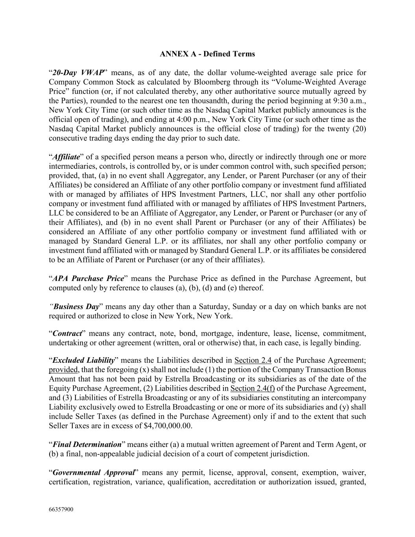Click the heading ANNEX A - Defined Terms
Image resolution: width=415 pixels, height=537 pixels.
click(x=207, y=54)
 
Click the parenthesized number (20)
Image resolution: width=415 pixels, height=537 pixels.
click(x=358, y=129)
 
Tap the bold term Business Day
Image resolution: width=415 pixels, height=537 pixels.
click(x=76, y=306)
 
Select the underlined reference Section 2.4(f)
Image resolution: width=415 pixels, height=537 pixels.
click(x=253, y=389)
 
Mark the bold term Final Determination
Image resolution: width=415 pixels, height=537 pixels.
click(x=87, y=445)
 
